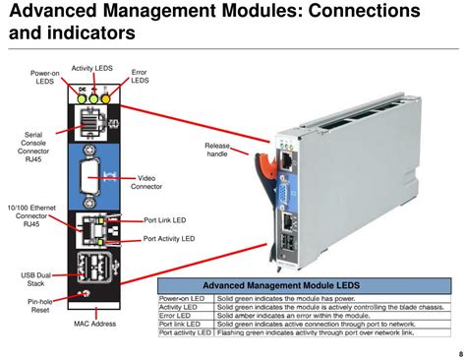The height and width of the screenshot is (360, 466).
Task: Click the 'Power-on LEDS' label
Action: (x=42, y=77)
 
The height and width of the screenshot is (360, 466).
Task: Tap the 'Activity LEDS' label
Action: (x=90, y=68)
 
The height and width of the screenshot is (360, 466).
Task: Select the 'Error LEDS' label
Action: (x=139, y=77)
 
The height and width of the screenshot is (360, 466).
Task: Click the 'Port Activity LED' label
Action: (x=169, y=238)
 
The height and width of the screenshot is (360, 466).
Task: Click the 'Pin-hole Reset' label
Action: (x=39, y=306)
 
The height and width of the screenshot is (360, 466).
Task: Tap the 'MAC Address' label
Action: (x=94, y=323)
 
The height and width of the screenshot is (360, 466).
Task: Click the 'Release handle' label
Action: (x=217, y=150)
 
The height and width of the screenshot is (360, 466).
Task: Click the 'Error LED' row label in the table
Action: (x=174, y=315)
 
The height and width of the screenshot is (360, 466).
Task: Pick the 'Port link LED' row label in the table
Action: (x=179, y=324)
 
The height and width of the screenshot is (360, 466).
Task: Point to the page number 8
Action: (x=458, y=353)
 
